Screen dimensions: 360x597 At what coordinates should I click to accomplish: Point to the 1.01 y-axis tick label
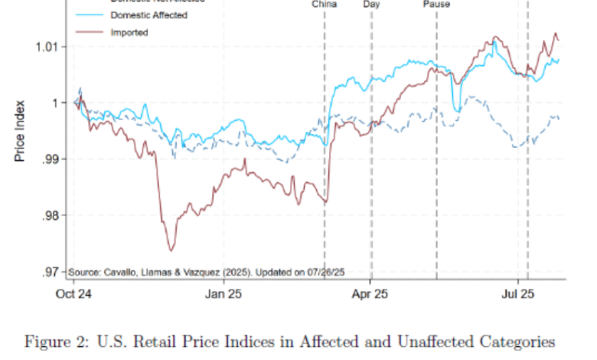[46, 47]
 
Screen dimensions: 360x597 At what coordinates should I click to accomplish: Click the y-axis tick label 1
[54, 103]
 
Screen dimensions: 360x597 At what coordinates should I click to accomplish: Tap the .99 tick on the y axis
[49, 159]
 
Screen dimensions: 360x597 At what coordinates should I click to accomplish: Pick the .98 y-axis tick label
[49, 215]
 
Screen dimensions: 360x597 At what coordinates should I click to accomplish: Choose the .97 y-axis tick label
[49, 272]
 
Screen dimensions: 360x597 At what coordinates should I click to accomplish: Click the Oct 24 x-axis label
[75, 292]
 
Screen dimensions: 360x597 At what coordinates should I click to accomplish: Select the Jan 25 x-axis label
[225, 292]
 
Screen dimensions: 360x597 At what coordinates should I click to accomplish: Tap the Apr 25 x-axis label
[370, 292]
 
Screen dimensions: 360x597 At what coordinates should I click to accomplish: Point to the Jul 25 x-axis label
[517, 292]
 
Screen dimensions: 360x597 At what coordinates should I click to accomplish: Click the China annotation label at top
[325, 4]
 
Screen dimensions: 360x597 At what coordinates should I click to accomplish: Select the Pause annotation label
[436, 4]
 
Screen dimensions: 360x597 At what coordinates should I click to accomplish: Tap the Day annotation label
[371, 4]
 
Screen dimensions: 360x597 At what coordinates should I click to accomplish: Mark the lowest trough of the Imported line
[171, 250]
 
